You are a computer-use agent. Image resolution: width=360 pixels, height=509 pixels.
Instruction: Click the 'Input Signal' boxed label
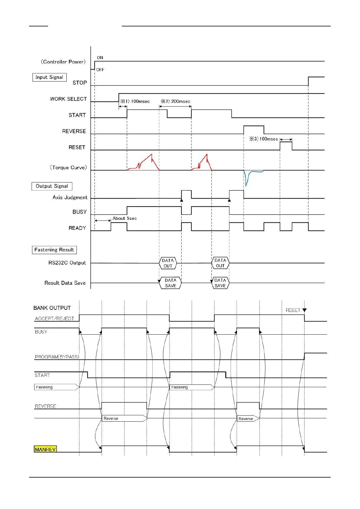click(x=49, y=77)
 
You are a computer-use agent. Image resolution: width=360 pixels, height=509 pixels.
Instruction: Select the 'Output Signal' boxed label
click(x=52, y=186)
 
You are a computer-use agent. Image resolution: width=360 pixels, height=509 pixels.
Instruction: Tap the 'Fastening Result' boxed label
click(x=54, y=250)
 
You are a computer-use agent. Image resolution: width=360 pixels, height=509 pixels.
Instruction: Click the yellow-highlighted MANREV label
click(x=45, y=449)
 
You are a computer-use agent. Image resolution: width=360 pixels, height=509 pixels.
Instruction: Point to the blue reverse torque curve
click(x=248, y=177)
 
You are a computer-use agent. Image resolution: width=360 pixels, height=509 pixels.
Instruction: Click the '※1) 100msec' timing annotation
click(x=135, y=101)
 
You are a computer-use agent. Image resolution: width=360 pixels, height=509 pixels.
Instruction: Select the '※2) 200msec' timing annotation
click(x=175, y=101)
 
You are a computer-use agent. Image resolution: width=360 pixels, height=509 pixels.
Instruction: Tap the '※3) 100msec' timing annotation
click(x=264, y=139)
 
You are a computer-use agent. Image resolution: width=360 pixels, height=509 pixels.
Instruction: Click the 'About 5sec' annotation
click(x=125, y=218)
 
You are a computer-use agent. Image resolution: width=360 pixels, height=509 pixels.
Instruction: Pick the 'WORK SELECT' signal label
click(x=68, y=99)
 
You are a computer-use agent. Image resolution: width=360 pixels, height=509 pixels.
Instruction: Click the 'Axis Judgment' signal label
click(x=70, y=198)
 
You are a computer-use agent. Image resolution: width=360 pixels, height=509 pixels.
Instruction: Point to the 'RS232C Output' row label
click(x=67, y=263)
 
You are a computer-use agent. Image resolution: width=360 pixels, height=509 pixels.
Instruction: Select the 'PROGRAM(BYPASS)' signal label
click(x=57, y=357)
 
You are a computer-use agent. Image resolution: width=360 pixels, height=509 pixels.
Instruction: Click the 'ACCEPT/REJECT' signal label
click(x=54, y=319)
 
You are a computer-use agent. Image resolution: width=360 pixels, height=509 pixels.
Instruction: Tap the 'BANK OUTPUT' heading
click(x=52, y=308)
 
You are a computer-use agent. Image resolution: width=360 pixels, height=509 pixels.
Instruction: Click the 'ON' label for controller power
click(x=100, y=58)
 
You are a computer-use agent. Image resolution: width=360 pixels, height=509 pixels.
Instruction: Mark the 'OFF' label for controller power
click(x=100, y=70)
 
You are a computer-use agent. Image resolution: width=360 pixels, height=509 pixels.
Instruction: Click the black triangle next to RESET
click(x=304, y=310)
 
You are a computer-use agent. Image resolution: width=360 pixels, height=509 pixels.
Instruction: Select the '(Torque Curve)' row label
click(x=68, y=168)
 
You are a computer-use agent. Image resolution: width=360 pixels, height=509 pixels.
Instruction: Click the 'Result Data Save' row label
click(x=65, y=283)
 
